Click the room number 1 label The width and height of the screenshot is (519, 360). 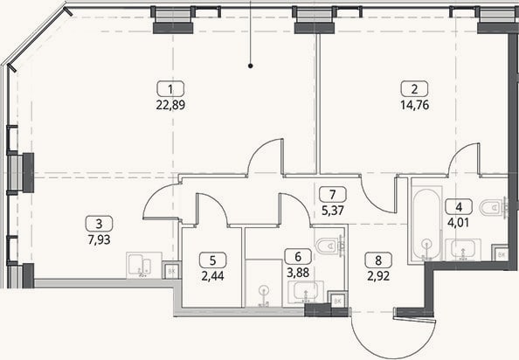click(x=170, y=89)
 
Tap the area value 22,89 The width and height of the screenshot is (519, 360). click(x=170, y=105)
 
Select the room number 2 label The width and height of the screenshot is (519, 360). click(x=414, y=89)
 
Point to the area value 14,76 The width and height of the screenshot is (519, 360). click(x=415, y=105)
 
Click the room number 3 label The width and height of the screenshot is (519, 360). click(x=99, y=224)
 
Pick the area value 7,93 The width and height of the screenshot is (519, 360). click(x=99, y=239)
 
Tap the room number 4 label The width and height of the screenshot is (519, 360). click(x=459, y=207)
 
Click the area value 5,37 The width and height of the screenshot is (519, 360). click(x=333, y=210)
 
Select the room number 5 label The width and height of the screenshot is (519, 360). click(x=213, y=260)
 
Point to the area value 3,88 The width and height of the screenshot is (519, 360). click(x=298, y=273)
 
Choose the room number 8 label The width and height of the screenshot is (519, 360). click(x=378, y=260)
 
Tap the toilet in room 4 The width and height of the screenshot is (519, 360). click(x=494, y=207)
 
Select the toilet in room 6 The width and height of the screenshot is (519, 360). click(x=330, y=246)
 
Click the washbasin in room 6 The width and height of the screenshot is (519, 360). click(x=306, y=292)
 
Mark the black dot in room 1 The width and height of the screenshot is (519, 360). click(x=251, y=66)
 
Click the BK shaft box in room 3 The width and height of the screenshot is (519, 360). click(x=171, y=270)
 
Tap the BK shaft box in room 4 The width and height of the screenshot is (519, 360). click(x=502, y=253)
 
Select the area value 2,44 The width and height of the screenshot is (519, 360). click(x=213, y=275)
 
